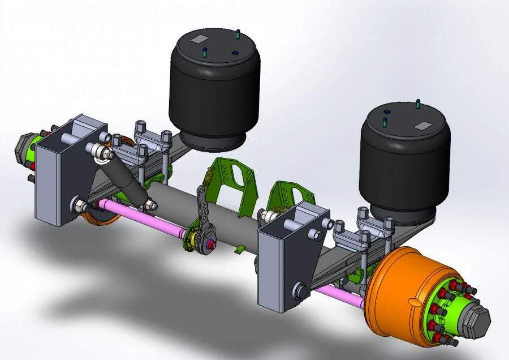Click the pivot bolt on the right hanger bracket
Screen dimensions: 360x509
point(300,292)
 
